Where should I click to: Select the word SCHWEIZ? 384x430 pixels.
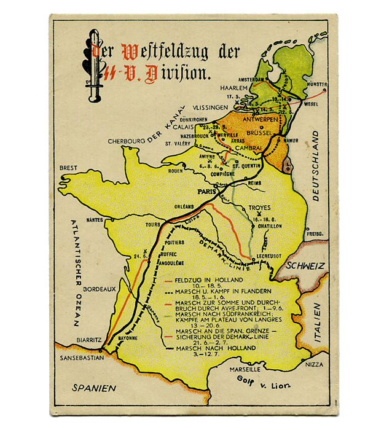(303, 267)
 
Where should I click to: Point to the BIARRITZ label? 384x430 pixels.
(88, 338)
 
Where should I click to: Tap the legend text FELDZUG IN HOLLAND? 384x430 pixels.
(205, 280)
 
